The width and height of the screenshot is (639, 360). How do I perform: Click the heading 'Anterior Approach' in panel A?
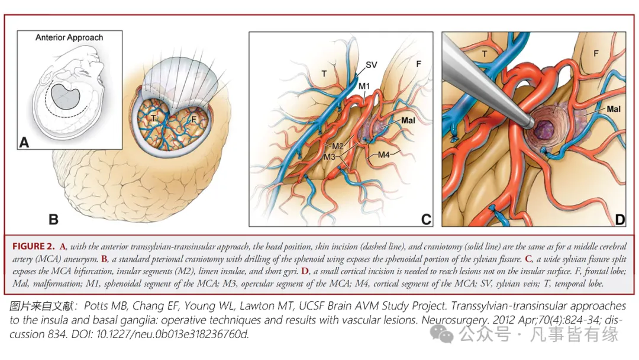[69, 37]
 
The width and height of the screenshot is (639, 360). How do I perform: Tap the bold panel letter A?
[24, 142]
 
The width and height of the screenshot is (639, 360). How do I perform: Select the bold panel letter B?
[54, 220]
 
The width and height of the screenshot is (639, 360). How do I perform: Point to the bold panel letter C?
[426, 220]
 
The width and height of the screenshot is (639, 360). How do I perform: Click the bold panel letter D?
[619, 220]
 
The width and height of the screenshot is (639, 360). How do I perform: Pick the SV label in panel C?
[372, 65]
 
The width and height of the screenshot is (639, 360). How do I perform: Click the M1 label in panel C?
[365, 86]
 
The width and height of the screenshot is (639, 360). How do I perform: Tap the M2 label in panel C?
[338, 146]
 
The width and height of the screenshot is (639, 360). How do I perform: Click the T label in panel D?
[485, 53]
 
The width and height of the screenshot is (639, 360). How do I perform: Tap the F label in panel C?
[418, 62]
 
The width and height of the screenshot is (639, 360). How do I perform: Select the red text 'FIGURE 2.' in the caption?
[33, 246]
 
